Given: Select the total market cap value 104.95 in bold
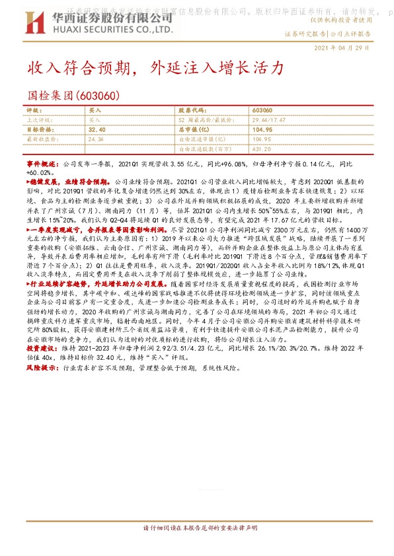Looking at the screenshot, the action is pos(262,130).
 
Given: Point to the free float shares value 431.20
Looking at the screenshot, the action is pos(262,149).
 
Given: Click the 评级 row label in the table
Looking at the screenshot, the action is pos(33,111).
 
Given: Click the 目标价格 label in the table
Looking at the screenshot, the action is pos(38,130).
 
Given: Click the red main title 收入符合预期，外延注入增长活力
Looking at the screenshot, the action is pos(155,68).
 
